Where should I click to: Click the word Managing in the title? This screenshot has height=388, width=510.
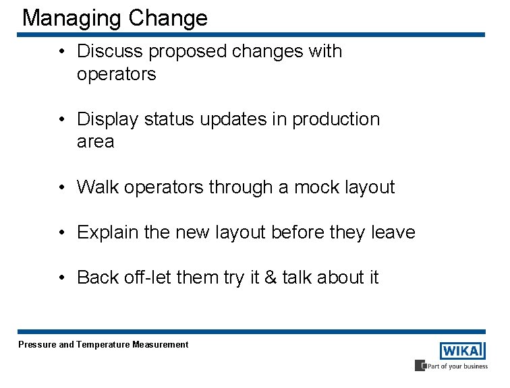click(x=72, y=18)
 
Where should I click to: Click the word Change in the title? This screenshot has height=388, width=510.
click(x=168, y=18)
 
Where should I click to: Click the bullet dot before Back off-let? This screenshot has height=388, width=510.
click(x=61, y=278)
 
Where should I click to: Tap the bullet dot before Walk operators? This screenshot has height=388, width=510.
click(x=61, y=188)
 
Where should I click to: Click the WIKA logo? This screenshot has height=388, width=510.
click(x=462, y=351)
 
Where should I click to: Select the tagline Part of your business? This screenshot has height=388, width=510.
click(x=455, y=366)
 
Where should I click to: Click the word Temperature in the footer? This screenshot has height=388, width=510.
click(x=103, y=345)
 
